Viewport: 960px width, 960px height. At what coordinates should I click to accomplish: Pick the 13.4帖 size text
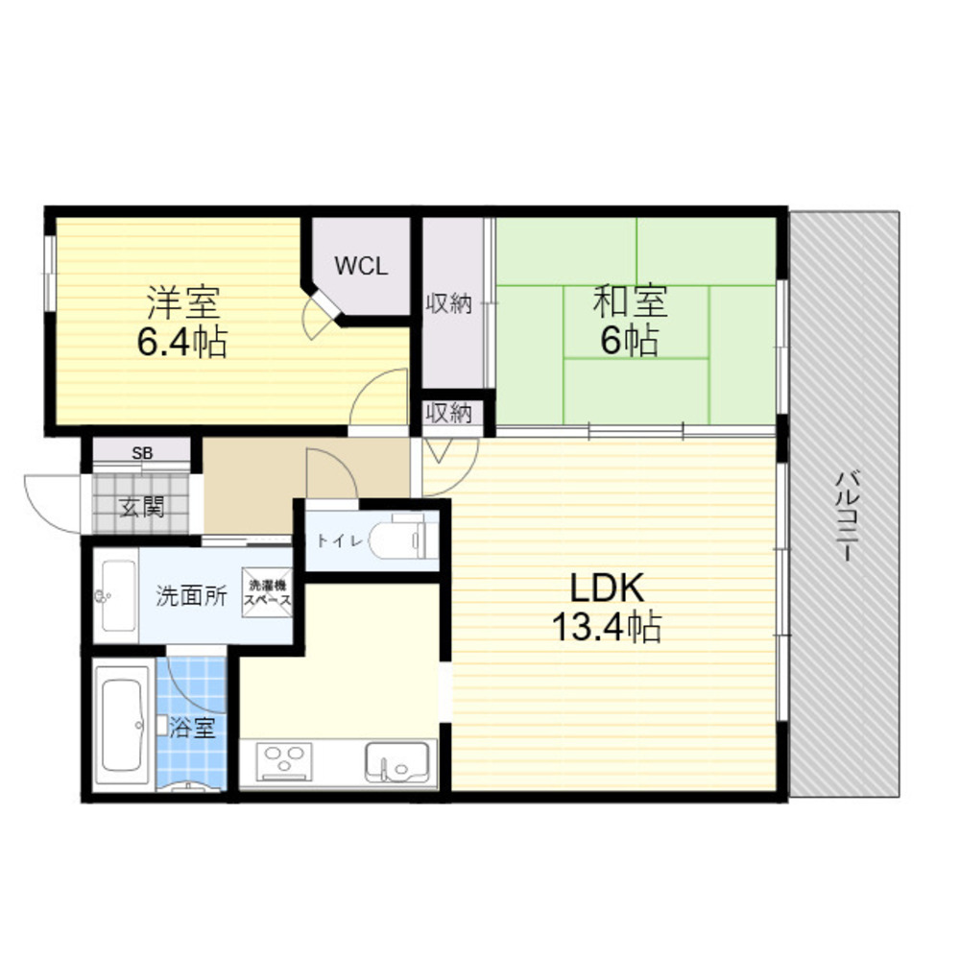(605, 628)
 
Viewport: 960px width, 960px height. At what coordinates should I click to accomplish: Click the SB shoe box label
(142, 452)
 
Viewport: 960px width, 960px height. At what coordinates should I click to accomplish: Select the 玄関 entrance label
(141, 506)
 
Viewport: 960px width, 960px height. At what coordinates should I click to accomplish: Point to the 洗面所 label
(191, 596)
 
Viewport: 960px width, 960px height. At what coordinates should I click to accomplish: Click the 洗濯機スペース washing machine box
(269, 592)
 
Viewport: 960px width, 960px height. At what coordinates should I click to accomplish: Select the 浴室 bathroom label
(192, 728)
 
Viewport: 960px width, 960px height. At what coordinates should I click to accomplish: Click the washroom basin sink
(116, 596)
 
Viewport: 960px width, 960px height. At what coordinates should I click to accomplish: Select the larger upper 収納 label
(448, 305)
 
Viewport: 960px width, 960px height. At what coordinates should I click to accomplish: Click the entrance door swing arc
(48, 501)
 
